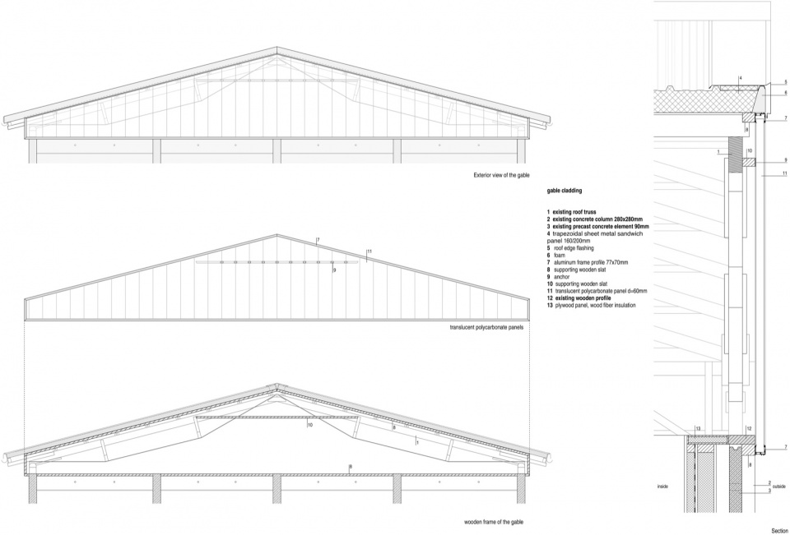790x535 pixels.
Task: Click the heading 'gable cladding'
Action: click(565, 191)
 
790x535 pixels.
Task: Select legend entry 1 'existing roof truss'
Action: click(571, 212)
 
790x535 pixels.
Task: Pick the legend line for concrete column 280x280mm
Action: click(594, 219)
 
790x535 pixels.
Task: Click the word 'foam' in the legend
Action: click(560, 255)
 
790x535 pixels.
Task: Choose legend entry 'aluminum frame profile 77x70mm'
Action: click(588, 262)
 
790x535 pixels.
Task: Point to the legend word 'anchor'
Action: click(562, 277)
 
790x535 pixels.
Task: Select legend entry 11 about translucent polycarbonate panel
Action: click(597, 291)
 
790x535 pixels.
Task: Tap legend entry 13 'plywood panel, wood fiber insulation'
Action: click(591, 305)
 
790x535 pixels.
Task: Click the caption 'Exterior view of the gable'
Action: click(501, 175)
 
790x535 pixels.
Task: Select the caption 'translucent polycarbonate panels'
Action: click(486, 327)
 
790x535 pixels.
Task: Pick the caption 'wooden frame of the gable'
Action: click(494, 522)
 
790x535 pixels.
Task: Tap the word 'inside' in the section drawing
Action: click(662, 487)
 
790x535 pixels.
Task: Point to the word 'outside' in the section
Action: click(779, 487)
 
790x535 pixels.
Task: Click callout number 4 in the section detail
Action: click(741, 79)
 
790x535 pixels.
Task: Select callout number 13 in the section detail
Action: click(699, 429)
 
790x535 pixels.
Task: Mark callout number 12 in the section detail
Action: click(749, 429)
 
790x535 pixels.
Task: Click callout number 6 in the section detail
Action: click(785, 93)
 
